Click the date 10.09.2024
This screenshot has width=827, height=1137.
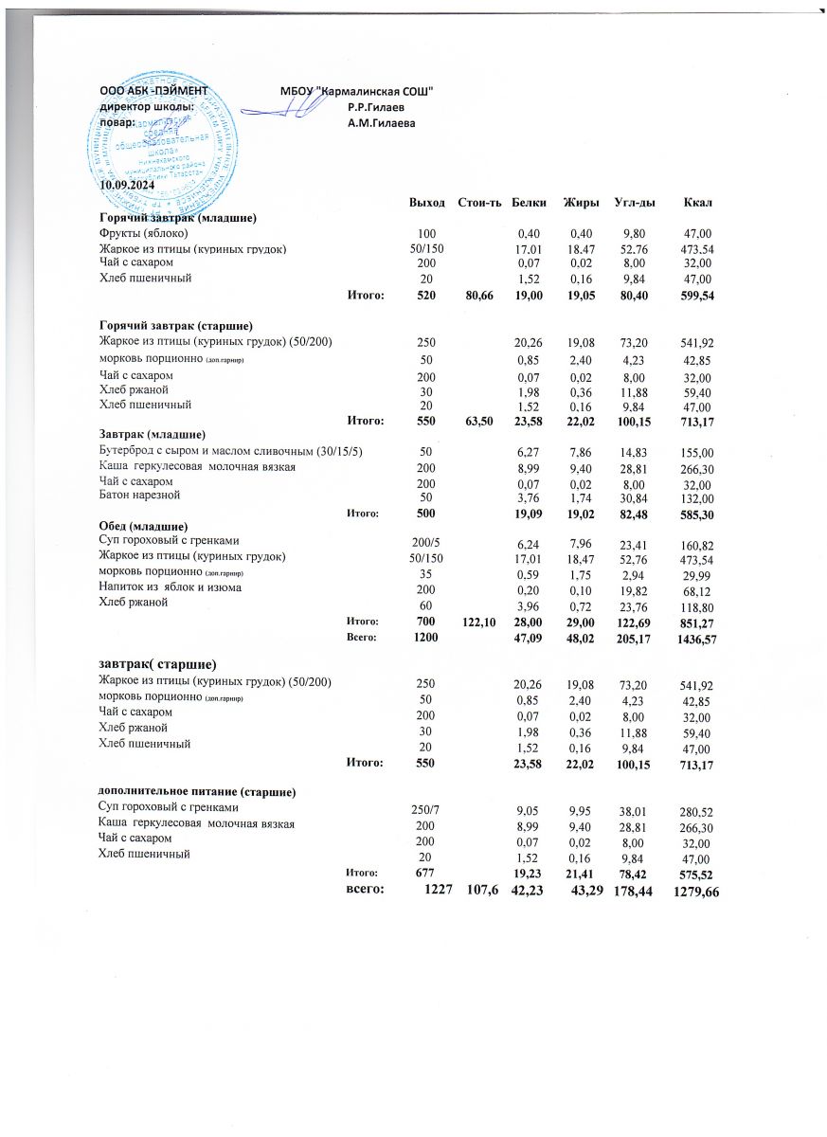pos(126,184)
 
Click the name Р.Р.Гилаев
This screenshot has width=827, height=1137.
pos(376,107)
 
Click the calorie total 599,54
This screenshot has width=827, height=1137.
pos(694,296)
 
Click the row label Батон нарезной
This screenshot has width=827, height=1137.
pos(141,496)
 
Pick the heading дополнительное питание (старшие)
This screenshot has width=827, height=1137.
pos(199,790)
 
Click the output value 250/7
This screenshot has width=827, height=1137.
pos(425,808)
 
